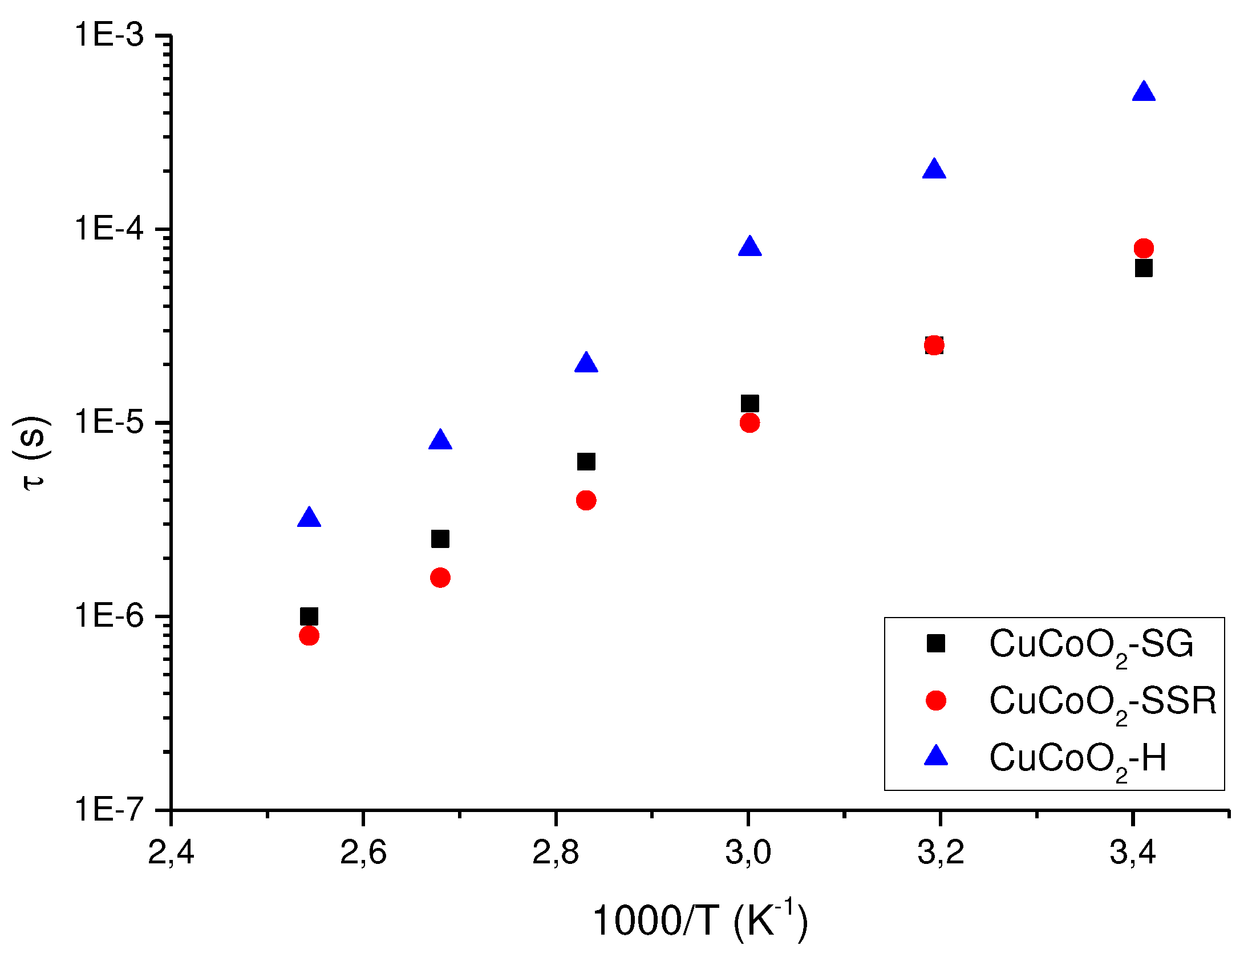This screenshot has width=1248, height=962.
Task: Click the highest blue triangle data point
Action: tap(1144, 92)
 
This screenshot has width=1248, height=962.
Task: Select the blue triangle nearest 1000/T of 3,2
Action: tap(934, 170)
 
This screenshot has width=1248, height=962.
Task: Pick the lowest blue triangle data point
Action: tap(309, 518)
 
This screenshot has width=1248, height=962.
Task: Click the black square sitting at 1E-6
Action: tap(309, 616)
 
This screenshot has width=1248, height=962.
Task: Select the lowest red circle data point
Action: tap(309, 635)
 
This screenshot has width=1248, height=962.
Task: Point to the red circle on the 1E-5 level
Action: tap(749, 423)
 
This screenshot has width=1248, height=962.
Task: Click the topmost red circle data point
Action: tap(1144, 248)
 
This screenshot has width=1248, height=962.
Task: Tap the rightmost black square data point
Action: tap(1144, 268)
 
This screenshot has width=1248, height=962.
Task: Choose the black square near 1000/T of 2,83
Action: tap(586, 461)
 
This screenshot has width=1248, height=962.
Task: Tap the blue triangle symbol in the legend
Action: tap(936, 756)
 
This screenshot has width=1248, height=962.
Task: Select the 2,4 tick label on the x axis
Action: tap(171, 853)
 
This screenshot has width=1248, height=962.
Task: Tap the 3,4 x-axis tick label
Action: tap(1133, 853)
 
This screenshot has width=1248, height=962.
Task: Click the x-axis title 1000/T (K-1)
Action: tap(699, 921)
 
